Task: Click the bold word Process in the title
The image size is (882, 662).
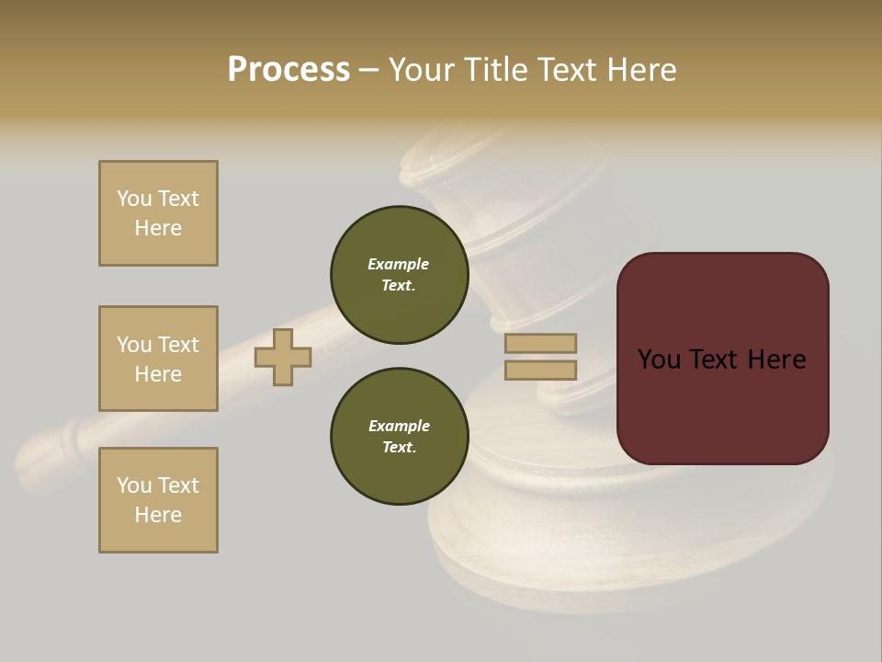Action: tap(288, 70)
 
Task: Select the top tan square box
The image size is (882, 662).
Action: tap(158, 213)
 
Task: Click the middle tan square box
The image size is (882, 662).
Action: tap(158, 359)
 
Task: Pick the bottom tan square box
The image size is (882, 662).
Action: tap(158, 500)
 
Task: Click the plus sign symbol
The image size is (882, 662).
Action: tap(283, 357)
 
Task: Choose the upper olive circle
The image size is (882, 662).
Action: tap(399, 274)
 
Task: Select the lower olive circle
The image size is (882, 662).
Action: tap(399, 436)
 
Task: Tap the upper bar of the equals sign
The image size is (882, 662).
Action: tap(540, 343)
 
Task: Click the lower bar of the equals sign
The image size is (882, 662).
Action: tap(540, 371)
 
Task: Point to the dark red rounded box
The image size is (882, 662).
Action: tap(722, 359)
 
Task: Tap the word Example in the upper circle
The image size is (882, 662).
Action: tap(398, 264)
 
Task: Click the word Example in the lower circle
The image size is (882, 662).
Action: tap(399, 426)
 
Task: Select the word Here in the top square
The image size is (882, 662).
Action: tap(158, 228)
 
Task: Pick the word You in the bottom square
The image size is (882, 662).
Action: tap(134, 485)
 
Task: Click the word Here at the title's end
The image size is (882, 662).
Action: tap(642, 70)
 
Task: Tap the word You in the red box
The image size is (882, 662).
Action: tap(659, 360)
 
